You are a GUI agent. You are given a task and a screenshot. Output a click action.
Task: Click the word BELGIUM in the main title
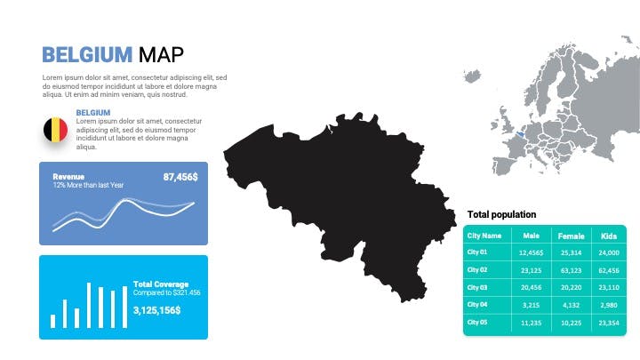[87, 55]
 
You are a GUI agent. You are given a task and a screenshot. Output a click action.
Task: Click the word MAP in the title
[161, 55]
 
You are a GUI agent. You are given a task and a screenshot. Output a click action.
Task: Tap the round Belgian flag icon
[55, 130]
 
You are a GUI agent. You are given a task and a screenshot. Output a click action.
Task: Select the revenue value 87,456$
[180, 177]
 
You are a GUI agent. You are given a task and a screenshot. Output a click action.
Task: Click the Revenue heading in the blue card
[68, 177]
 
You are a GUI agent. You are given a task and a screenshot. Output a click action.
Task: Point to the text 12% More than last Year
[88, 185]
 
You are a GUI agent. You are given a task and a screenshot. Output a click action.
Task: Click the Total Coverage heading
[161, 284]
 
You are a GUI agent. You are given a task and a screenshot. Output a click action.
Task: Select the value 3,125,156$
[156, 310]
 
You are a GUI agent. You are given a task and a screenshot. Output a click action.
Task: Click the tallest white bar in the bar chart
[89, 305]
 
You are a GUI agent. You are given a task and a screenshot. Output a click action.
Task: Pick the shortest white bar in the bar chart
[52, 321]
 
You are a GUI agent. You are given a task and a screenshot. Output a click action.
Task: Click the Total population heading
[501, 214]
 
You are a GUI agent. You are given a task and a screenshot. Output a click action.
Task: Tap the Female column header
[571, 236]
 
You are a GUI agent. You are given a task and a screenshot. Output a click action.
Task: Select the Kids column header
[609, 236]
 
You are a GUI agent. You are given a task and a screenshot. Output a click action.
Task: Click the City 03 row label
[477, 287]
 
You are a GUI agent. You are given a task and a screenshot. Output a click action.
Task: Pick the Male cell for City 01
[531, 252]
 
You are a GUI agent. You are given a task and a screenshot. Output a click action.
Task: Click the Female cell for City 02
[571, 270]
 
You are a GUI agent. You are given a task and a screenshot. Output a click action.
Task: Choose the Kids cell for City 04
[609, 305]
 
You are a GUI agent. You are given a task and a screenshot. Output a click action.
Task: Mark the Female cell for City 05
[571, 323]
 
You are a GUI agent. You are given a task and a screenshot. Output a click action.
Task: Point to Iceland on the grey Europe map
[472, 76]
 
